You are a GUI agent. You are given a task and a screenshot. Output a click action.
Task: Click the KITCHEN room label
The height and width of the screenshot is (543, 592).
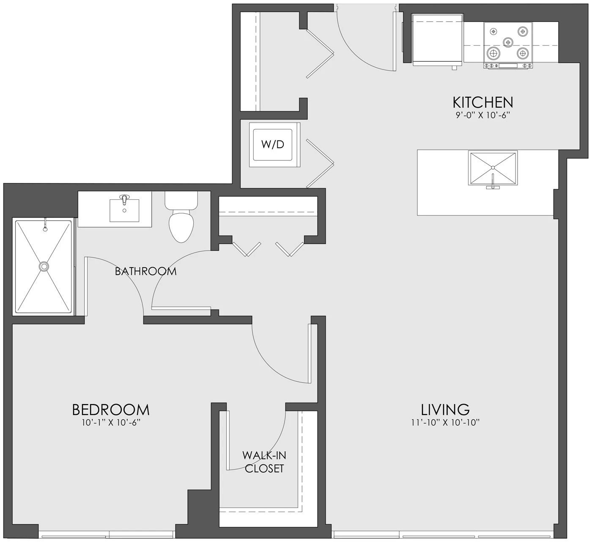coord(483,102)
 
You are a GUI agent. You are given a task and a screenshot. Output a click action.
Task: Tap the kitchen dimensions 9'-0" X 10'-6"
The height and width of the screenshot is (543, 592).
coord(483,115)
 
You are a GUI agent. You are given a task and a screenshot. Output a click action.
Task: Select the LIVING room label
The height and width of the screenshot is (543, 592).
coord(445,410)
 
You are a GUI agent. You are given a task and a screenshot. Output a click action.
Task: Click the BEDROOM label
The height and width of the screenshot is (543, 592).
coord(111,410)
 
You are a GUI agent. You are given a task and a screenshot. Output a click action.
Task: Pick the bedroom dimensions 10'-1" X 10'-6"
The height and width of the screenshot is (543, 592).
coord(111,423)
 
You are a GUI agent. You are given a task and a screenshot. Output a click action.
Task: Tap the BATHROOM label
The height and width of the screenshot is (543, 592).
coord(145,271)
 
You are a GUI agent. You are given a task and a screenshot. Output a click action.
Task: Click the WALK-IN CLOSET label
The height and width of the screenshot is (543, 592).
coord(264,461)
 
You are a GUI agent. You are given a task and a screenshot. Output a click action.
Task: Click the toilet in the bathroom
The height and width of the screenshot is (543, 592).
coord(181,217)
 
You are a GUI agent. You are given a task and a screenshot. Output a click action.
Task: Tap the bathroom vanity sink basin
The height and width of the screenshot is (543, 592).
coord(124,210)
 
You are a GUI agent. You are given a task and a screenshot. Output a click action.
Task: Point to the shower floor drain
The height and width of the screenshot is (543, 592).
coord(44,266)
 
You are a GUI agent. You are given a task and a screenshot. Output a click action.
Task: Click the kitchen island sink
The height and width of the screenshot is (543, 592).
coord(493,168)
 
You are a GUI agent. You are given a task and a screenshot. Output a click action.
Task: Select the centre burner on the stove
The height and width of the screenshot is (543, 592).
coord(508,42)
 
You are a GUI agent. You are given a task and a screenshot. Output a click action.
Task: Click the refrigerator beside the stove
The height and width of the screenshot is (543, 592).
coord(437,40)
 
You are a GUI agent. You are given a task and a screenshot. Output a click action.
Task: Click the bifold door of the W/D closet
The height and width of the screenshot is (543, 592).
coord(320,163)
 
